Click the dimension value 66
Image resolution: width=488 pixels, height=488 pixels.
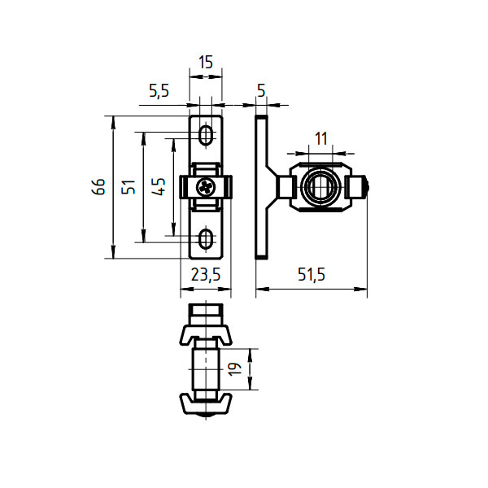(99, 187)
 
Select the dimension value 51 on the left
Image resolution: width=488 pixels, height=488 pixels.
(129, 187)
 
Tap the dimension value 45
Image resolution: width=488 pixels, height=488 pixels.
(159, 186)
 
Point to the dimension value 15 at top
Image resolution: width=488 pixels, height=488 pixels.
(206, 63)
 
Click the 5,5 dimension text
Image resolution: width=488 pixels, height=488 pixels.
(159, 91)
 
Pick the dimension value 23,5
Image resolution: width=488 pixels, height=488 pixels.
(206, 275)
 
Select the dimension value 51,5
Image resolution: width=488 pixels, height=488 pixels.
(312, 275)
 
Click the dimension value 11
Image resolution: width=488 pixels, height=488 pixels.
(321, 139)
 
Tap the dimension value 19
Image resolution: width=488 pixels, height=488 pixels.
(235, 369)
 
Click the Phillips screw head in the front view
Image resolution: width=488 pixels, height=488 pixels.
(206, 187)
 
